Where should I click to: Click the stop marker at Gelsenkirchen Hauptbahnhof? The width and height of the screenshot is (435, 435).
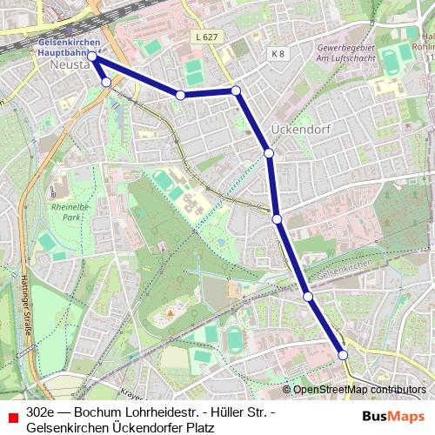pyautogui.click(x=92, y=56)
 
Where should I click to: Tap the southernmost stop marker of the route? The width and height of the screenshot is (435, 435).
pyautogui.click(x=343, y=354)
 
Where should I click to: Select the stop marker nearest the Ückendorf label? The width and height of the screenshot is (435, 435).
pyautogui.click(x=269, y=153)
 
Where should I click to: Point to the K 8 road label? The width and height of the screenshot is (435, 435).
pyautogui.click(x=278, y=54)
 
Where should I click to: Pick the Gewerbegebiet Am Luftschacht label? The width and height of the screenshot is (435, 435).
pyautogui.click(x=347, y=53)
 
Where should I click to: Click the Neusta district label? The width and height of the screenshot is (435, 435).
pyautogui.click(x=67, y=65)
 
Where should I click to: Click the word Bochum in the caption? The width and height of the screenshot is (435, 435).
pyautogui.click(x=97, y=412)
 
